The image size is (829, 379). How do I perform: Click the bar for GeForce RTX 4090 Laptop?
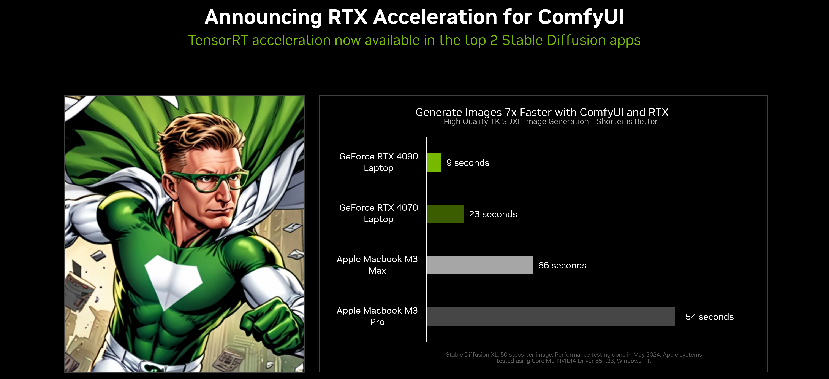pos(434,163)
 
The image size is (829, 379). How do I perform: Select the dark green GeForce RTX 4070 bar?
pos(445,214)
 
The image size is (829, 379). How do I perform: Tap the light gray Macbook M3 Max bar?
pos(479,265)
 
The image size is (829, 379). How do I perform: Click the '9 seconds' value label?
pos(468,163)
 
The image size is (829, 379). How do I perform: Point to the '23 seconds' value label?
pos(493,214)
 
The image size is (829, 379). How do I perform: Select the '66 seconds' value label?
pos(562,265)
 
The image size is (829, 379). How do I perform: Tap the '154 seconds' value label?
pos(707,317)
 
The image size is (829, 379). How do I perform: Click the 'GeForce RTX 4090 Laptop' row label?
pos(378,162)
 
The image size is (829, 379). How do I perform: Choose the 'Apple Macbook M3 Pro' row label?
pos(377,316)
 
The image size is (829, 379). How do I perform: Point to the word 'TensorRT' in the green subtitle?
pos(218,40)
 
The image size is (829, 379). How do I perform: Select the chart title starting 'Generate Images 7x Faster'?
pos(542,112)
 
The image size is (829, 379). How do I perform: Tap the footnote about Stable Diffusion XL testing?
pos(573,357)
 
